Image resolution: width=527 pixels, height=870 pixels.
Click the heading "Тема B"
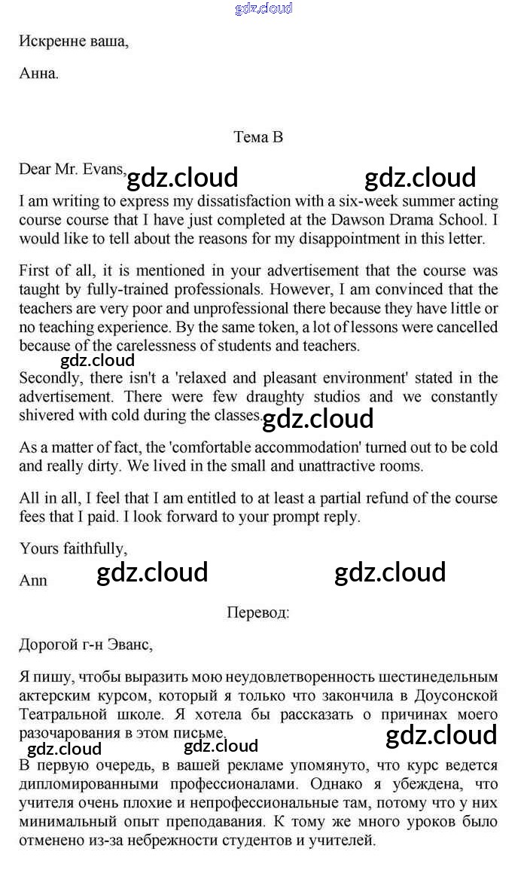tap(258, 136)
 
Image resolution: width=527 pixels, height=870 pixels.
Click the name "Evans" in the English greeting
tap(105, 169)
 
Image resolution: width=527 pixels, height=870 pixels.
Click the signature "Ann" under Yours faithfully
tap(33, 581)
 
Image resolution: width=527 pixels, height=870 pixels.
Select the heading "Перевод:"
tap(257, 612)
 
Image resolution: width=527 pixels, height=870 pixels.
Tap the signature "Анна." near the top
tap(38, 74)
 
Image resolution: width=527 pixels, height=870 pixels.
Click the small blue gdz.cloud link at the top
tap(263, 9)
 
